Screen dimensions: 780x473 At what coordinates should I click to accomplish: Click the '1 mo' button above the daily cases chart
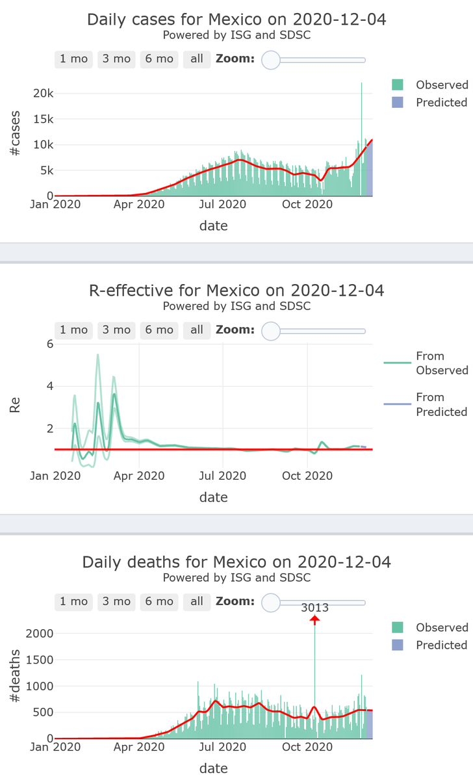73,58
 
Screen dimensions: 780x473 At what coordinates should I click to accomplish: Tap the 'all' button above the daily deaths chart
197,601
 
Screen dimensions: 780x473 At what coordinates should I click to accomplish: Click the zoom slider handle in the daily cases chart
270,60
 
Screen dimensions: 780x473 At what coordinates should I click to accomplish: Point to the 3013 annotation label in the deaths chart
314,608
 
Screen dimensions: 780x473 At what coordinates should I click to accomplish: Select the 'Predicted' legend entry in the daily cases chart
429,102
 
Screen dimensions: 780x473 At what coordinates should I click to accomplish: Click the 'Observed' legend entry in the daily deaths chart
429,627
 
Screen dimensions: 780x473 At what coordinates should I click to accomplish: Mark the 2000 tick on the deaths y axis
38,633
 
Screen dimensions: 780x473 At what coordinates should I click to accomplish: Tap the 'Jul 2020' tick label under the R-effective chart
223,476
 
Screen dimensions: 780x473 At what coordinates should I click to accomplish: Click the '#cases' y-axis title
15,134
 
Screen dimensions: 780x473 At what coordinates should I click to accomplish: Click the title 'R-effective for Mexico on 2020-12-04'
236,290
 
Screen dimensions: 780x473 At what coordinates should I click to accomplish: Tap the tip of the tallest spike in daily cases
362,83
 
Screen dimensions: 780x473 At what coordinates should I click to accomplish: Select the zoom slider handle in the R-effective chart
270,331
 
